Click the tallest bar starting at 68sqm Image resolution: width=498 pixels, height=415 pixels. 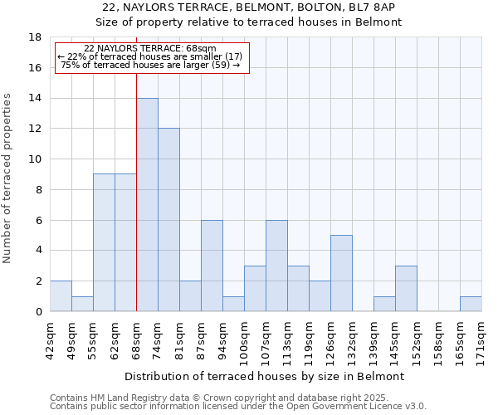(147, 204)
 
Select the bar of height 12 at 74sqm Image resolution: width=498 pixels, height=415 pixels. (168, 220)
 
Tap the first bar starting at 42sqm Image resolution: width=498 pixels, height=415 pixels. (61, 296)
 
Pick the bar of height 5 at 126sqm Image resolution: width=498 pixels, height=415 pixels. (341, 273)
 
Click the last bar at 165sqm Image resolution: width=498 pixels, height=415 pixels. (471, 304)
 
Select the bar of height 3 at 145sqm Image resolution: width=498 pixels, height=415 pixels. (406, 289)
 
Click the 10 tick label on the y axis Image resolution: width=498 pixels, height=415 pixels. (35, 159)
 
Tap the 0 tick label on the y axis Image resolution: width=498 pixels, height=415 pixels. (38, 311)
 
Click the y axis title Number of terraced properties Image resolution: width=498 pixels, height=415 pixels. (8, 178)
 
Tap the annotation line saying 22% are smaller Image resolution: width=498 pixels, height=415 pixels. (150, 56)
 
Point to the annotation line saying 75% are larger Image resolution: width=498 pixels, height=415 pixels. (150, 65)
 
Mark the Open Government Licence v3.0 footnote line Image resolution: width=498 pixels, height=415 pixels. (238, 407)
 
